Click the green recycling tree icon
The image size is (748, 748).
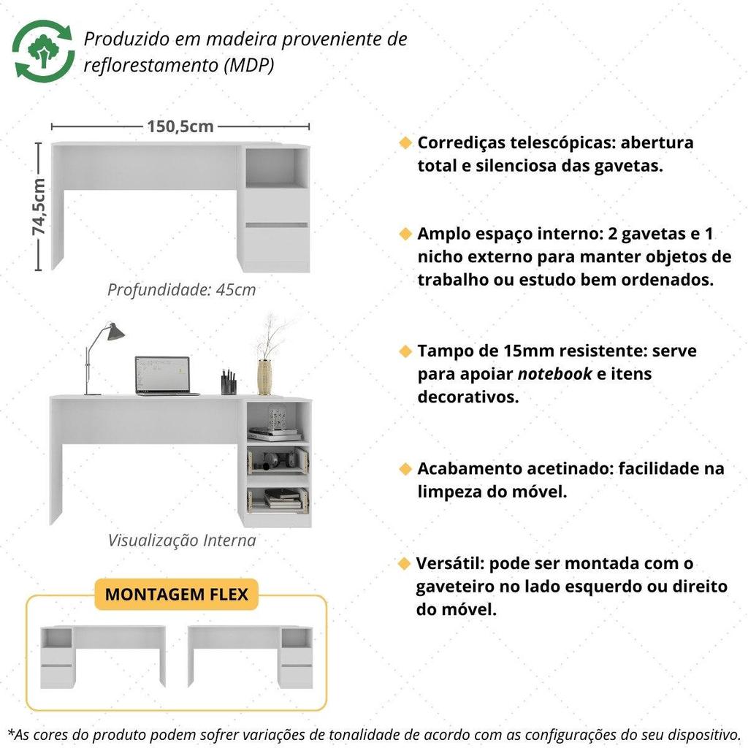pyautogui.click(x=43, y=50)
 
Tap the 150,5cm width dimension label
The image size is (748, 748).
pyautogui.click(x=180, y=126)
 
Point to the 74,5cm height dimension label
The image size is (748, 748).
pyautogui.click(x=39, y=207)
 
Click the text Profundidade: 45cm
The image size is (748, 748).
pyautogui.click(x=181, y=289)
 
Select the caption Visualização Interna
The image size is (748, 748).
pyautogui.click(x=182, y=541)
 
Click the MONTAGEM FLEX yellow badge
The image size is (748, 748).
pyautogui.click(x=177, y=595)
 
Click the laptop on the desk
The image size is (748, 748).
pyautogui.click(x=166, y=376)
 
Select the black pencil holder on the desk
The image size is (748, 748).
pyautogui.click(x=229, y=382)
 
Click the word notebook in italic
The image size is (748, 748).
pyautogui.click(x=555, y=374)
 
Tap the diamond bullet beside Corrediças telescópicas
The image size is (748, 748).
pyautogui.click(x=405, y=142)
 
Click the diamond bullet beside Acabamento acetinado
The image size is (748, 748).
pyautogui.click(x=405, y=468)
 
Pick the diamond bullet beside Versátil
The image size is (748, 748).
pyautogui.click(x=404, y=563)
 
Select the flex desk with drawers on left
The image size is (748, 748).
pyautogui.click(x=103, y=657)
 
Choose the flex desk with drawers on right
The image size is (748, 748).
pyautogui.click(x=251, y=657)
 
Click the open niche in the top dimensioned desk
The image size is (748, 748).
pyautogui.click(x=277, y=168)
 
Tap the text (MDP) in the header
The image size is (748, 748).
pyautogui.click(x=249, y=65)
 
